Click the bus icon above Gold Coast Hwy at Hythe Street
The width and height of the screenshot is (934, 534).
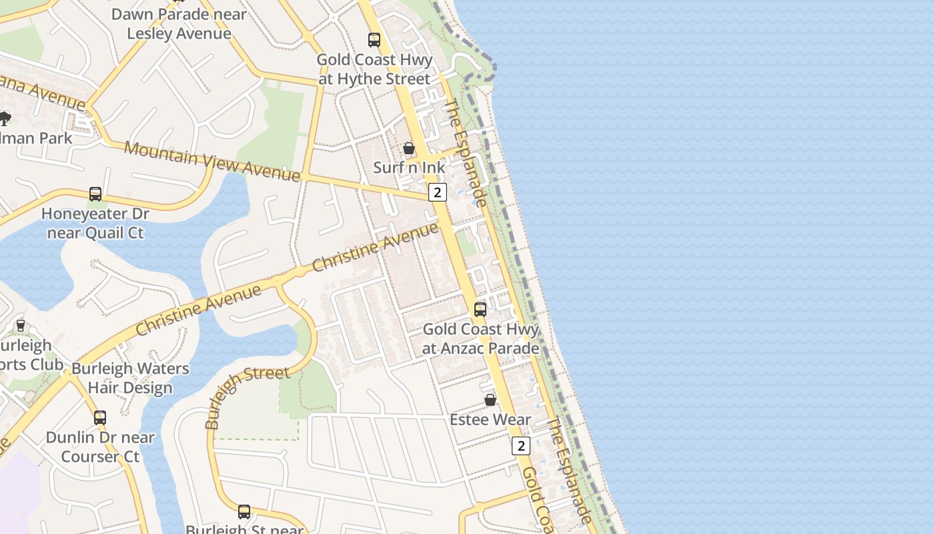pos(374,40)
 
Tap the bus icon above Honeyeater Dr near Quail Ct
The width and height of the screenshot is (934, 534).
pos(95,194)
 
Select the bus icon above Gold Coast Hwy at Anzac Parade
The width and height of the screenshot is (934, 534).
pos(480,310)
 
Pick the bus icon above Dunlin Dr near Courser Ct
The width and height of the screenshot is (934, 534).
pos(100,418)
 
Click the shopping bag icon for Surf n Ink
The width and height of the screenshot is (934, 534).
pos(409,148)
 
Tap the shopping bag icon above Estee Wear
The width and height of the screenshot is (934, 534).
pos(490,400)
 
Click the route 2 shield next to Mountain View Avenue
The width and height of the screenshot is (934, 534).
pos(437,192)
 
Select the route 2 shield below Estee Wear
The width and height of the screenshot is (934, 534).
pos(521,445)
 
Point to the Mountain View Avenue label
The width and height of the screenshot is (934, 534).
pos(212,161)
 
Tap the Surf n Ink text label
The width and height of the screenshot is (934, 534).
pos(409,168)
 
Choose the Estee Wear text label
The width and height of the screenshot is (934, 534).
pos(490,420)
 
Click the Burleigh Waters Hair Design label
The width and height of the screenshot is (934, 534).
pos(130,378)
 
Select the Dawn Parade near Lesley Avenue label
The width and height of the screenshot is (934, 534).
pos(179,23)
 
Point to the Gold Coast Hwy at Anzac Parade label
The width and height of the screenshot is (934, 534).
pos(480,338)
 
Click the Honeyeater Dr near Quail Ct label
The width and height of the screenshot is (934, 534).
pos(95,224)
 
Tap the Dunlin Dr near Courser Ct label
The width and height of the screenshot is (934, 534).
pos(100,447)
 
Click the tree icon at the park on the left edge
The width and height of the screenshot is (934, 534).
pos(5,119)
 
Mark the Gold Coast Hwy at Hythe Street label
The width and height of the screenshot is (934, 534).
pos(374,69)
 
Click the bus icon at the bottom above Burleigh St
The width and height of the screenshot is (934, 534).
pos(244,512)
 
